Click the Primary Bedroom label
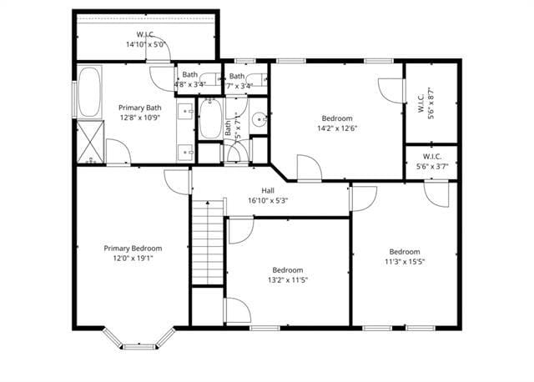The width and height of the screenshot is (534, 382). tap(133, 248)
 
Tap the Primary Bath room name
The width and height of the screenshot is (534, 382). tap(139, 108)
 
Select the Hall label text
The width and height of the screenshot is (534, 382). tap(268, 190)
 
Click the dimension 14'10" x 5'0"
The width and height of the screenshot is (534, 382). tap(147, 44)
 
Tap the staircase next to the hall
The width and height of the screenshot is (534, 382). tap(209, 242)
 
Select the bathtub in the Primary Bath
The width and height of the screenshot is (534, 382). tap(88, 93)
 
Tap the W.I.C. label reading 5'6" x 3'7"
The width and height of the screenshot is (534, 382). tap(431, 161)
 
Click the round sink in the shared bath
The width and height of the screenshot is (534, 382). tap(260, 120)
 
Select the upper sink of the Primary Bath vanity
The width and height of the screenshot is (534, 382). tap(184, 109)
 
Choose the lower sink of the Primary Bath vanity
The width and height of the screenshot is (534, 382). tap(184, 152)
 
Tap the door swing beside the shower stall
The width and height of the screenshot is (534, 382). tap(118, 152)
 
